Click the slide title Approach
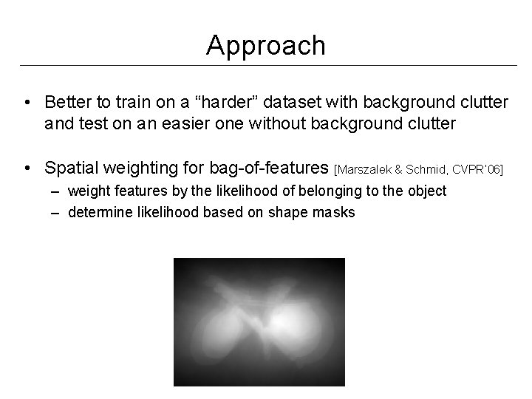[265, 46]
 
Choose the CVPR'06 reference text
[480, 171]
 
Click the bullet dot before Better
[27, 101]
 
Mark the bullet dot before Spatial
[27, 169]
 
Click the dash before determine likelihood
[57, 213]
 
